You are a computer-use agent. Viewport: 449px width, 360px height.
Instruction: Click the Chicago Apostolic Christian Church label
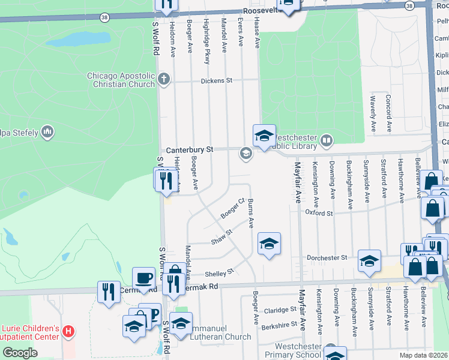(x=121, y=80)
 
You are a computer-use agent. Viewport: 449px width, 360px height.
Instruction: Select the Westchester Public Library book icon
(x=326, y=141)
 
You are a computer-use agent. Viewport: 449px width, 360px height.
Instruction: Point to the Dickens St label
(x=216, y=80)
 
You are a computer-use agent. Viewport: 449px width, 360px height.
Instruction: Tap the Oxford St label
(x=319, y=212)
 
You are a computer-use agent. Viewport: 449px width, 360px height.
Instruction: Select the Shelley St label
(x=218, y=273)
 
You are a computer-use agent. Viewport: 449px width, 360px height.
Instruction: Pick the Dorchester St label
(x=327, y=257)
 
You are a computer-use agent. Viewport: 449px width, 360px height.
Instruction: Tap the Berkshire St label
(x=279, y=325)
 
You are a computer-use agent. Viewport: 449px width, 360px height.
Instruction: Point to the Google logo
(x=20, y=353)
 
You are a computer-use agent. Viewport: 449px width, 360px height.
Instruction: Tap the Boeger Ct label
(x=232, y=208)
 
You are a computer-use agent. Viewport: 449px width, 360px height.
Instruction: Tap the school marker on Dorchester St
(x=369, y=260)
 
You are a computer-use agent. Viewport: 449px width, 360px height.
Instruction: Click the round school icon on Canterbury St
(x=245, y=154)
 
